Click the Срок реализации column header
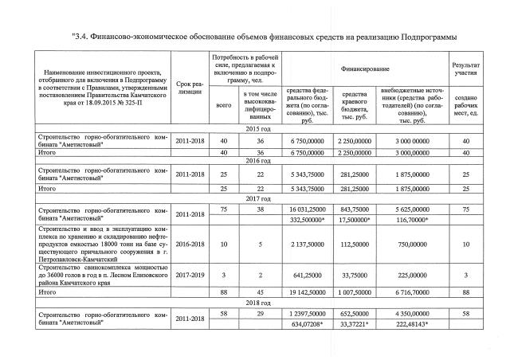[190, 88]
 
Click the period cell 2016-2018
[190, 245]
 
